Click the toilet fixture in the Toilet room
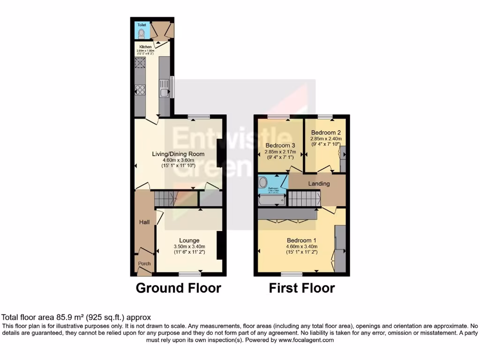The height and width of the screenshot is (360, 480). (142, 32)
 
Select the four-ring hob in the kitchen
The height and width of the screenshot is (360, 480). (140, 89)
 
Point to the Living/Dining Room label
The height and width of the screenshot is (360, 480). (177, 154)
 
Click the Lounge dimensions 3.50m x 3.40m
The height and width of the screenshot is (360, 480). (189, 247)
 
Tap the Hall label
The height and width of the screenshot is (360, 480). (144, 222)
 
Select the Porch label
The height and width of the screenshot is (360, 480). (144, 263)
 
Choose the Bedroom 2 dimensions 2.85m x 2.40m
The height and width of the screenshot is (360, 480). (326, 139)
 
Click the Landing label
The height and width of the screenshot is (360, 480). (319, 184)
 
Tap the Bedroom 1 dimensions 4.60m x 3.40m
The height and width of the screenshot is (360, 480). (302, 247)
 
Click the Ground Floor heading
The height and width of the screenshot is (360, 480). (178, 288)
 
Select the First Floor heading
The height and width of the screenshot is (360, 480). (302, 288)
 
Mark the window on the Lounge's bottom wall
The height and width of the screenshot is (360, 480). (190, 273)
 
